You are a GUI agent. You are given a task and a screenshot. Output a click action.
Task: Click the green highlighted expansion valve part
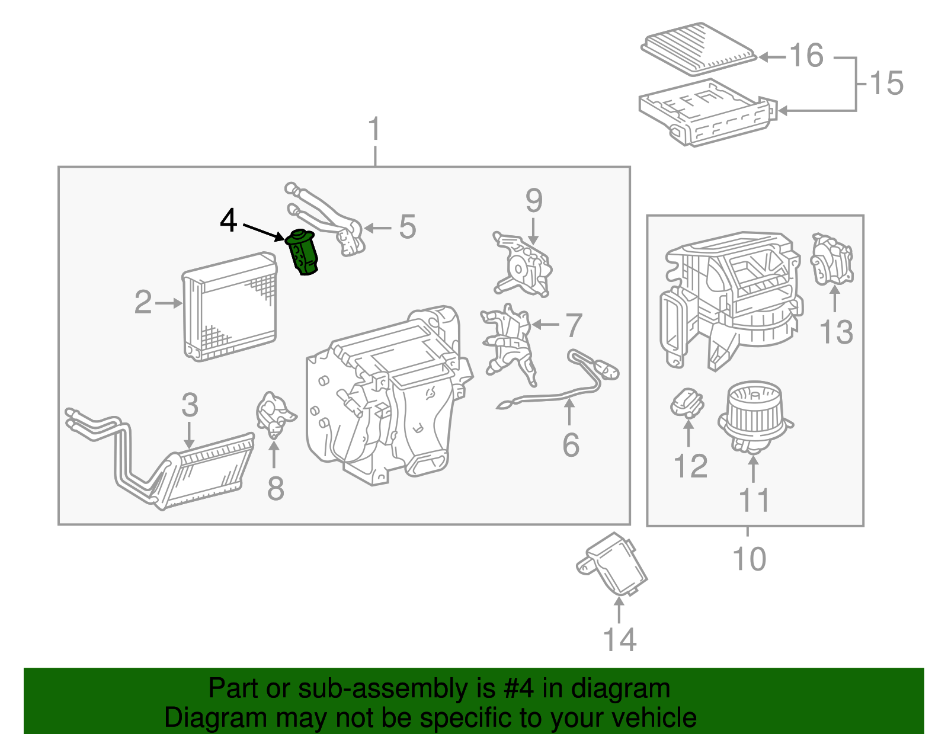[303, 253]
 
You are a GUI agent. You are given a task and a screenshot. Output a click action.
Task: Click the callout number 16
[806, 56]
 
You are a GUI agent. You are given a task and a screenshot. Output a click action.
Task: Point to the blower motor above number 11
[754, 415]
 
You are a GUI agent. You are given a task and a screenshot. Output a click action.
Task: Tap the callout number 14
[619, 640]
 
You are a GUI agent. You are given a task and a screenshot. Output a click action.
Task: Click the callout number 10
[749, 559]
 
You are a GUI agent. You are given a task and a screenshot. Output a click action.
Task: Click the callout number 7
[573, 325]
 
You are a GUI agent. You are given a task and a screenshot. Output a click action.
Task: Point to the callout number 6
[571, 445]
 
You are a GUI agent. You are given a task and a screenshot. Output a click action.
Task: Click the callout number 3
[190, 405]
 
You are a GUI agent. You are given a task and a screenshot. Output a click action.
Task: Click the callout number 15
[886, 83]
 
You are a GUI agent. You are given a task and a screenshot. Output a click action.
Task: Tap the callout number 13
[836, 332]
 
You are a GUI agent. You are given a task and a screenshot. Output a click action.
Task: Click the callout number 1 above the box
[374, 129]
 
